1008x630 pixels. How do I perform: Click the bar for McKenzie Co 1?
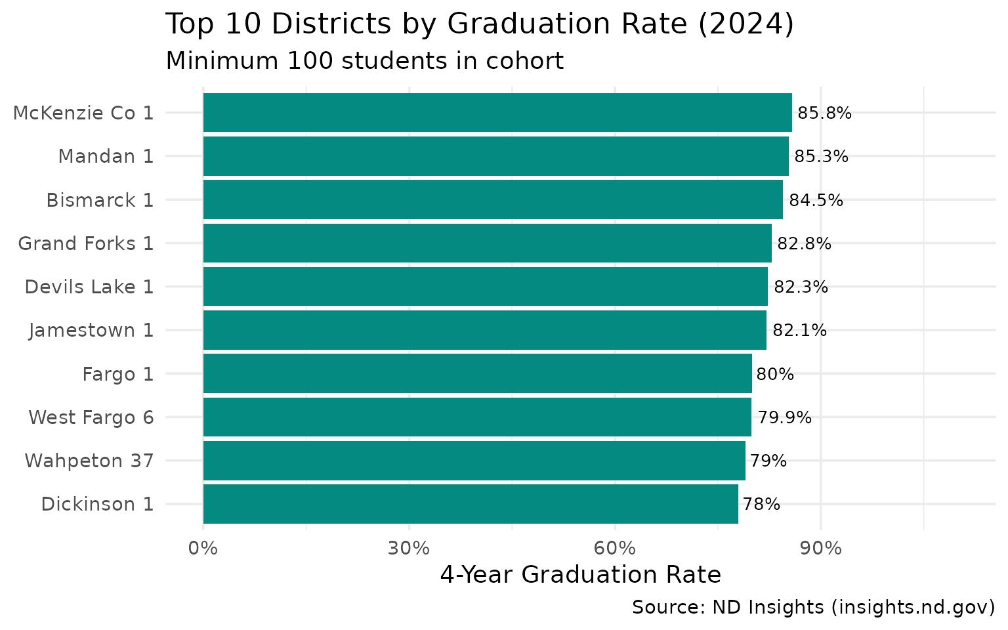[x=497, y=113]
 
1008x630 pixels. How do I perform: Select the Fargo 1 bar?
[x=477, y=374]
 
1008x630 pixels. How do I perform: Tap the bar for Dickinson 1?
[x=470, y=504]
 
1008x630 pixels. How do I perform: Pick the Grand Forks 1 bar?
[x=487, y=243]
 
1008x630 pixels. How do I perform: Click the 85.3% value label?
[x=821, y=157]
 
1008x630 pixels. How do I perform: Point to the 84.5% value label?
[x=816, y=200]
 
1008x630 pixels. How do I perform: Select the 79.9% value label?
[x=784, y=417]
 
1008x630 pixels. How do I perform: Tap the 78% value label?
[x=761, y=504]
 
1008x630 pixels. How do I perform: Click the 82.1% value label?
[x=799, y=330]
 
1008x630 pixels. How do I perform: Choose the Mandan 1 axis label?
[x=106, y=157]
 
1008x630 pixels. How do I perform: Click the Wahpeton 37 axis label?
[x=89, y=461]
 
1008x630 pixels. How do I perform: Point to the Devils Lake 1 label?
[x=89, y=287]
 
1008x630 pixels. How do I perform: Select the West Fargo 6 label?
[x=91, y=417]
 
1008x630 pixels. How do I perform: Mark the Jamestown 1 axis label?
[x=91, y=330]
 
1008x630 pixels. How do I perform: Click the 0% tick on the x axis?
[x=203, y=548]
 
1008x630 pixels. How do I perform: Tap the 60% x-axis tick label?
[x=615, y=548]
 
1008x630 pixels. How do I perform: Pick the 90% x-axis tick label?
[x=821, y=548]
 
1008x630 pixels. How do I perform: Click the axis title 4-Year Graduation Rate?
[x=580, y=575]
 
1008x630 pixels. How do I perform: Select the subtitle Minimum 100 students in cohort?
[x=364, y=61]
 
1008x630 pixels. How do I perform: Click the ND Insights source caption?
[x=813, y=608]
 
